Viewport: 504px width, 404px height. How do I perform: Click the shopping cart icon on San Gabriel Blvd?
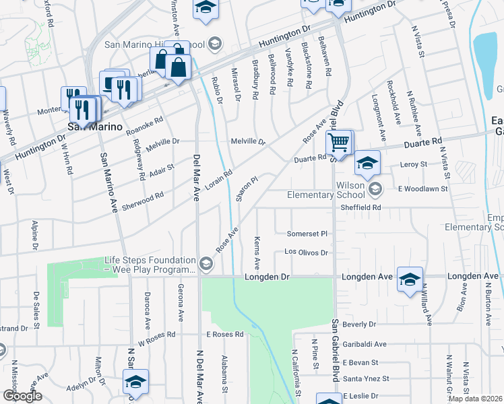(x=340, y=143)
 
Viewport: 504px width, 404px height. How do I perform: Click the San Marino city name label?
(x=94, y=127)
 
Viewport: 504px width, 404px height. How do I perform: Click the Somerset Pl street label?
(x=307, y=234)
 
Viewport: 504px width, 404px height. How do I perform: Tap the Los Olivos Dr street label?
(x=306, y=252)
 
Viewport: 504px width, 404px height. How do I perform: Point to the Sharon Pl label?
(x=247, y=189)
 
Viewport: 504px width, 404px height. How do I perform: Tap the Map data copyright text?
(x=476, y=399)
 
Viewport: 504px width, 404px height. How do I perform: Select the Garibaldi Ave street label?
(x=364, y=344)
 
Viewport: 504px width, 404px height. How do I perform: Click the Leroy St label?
(x=414, y=164)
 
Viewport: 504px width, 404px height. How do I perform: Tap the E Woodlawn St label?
(x=422, y=189)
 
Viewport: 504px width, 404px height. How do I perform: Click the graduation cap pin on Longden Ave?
(x=410, y=279)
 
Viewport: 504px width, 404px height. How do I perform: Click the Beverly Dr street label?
(x=359, y=325)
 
